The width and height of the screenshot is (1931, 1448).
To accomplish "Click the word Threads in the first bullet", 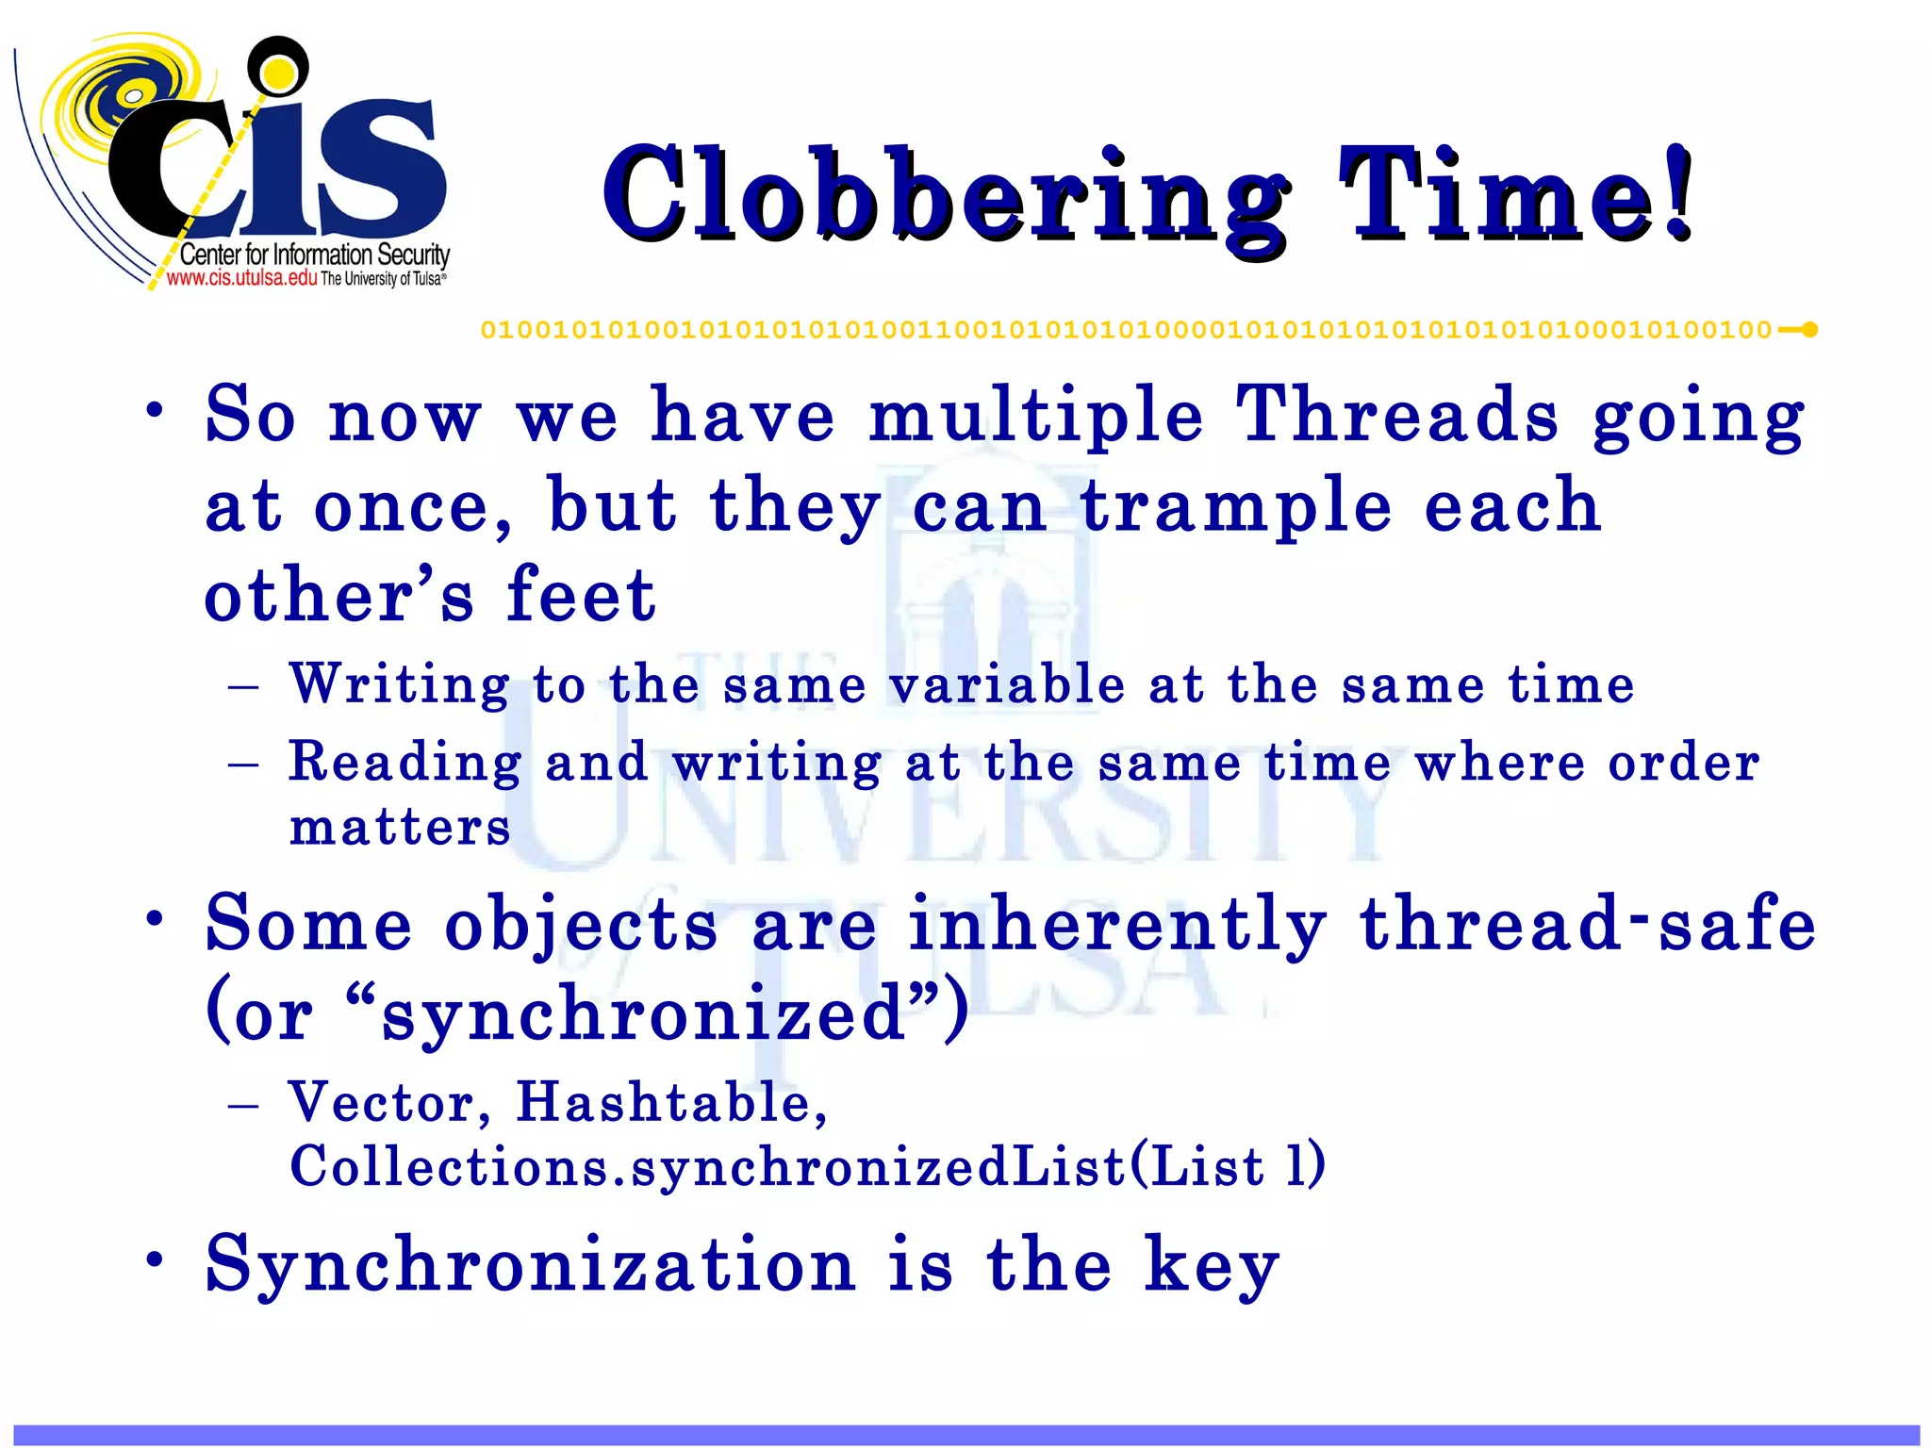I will [1396, 416].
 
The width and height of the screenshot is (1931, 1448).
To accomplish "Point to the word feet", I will [580, 596].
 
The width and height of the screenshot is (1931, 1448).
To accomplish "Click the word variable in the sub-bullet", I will [1007, 684].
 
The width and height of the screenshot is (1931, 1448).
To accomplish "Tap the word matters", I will [400, 828].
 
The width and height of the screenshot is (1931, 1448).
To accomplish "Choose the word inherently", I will [1116, 926].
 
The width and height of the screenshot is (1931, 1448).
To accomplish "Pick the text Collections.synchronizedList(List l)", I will [807, 1166].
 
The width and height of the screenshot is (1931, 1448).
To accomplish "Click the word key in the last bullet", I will [1212, 1266].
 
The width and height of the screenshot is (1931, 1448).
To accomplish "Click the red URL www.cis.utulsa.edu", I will [242, 278].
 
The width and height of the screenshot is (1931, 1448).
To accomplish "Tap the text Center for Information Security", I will [314, 255].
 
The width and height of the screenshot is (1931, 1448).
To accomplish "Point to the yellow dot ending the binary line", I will [1809, 330].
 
